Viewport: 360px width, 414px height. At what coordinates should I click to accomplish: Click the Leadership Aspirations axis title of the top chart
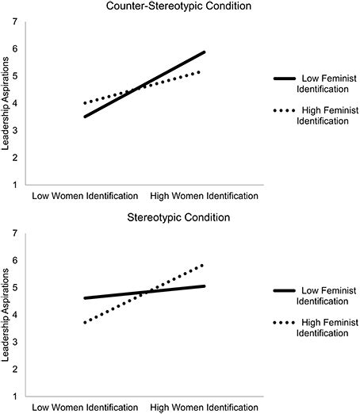pos(7,103)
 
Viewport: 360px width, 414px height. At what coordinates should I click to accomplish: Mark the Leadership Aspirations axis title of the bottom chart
pos(7,315)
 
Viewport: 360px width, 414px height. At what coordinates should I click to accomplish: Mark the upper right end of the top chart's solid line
pos(205,52)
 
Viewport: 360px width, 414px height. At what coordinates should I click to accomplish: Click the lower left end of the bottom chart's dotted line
pos(84,322)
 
